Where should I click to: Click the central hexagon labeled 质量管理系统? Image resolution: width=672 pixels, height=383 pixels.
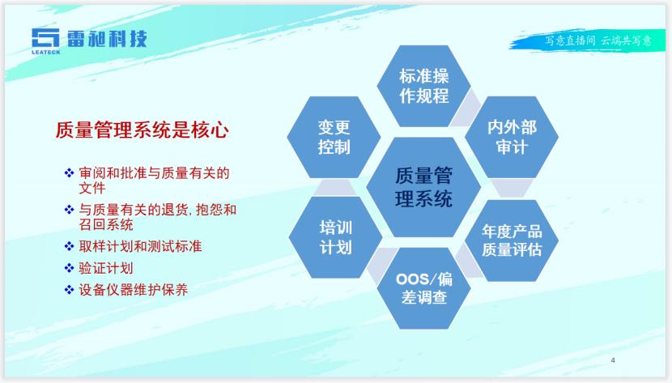pos(423,187)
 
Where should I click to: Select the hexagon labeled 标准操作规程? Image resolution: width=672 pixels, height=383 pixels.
pos(424,86)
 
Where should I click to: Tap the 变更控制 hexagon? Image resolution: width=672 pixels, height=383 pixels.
pos(334,137)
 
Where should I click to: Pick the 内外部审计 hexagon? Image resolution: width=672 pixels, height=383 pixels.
pos(512,137)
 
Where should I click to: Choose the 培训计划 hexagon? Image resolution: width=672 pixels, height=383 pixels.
pos(335,237)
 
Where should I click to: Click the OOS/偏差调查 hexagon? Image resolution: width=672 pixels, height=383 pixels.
pos(424,288)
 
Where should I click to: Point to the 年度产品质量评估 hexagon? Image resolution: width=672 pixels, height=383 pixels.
pos(512,240)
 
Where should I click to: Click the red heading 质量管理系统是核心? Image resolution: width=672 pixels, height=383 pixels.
pos(142,130)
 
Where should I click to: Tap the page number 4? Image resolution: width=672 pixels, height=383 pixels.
pos(613,360)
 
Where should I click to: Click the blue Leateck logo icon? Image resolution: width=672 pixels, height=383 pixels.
pos(45,38)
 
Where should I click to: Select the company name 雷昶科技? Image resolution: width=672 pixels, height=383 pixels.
pos(107,39)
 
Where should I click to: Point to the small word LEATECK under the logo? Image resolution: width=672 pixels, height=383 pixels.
pos(46,53)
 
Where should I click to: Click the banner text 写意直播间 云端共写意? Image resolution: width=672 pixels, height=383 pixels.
pos(598,40)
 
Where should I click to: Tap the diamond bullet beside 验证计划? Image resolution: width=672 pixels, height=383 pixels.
pos(69,268)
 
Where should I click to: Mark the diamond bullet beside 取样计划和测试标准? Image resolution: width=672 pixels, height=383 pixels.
pos(69,246)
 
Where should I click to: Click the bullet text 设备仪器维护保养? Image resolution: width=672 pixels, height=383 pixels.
pos(134,290)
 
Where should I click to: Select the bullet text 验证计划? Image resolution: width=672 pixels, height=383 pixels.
pos(106,268)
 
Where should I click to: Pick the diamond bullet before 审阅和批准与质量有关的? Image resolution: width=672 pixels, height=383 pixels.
pos(69,173)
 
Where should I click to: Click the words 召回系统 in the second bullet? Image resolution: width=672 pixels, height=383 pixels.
pos(106,224)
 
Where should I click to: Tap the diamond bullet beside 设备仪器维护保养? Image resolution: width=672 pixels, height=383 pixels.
pos(69,290)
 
